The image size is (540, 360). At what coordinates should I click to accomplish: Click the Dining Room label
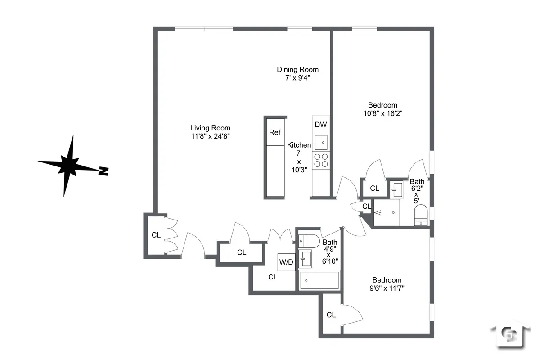[297, 69]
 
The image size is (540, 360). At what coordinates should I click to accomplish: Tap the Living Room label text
[210, 128]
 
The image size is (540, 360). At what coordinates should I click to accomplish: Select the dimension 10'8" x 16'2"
[382, 113]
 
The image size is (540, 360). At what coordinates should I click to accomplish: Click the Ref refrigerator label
[274, 132]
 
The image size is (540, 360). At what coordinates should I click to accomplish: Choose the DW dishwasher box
[321, 125]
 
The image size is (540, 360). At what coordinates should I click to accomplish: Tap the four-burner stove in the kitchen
[321, 160]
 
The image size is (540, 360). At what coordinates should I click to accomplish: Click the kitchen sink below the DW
[321, 143]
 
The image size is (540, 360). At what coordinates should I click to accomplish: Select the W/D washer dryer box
[286, 262]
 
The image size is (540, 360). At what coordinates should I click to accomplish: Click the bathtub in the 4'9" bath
[319, 280]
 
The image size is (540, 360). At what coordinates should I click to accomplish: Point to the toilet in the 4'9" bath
[310, 241]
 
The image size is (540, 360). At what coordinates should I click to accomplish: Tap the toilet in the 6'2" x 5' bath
[422, 215]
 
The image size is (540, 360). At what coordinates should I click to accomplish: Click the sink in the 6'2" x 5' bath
[396, 190]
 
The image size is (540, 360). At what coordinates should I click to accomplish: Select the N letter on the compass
[103, 171]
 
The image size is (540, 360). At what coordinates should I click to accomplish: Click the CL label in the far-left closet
[156, 235]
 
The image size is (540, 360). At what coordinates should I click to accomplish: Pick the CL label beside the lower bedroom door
[331, 315]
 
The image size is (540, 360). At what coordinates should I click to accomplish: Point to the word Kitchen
[299, 145]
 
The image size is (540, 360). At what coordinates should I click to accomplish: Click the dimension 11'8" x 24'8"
[210, 136]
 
